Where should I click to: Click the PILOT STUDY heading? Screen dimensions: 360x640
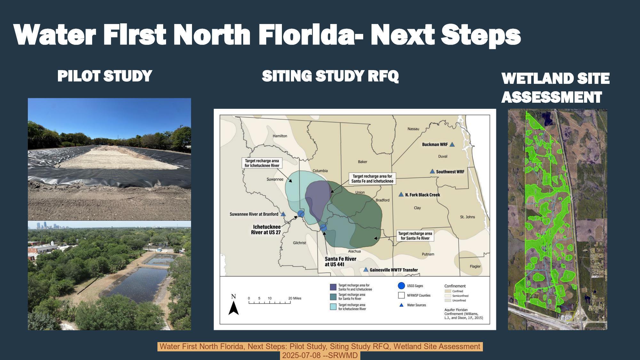105,76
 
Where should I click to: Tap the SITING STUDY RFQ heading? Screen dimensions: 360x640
330,76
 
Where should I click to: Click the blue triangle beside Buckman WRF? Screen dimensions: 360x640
452,145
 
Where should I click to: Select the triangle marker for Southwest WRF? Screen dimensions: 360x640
432,172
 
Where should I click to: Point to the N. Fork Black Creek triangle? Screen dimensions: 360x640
401,195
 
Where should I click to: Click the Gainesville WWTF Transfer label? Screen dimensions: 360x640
394,270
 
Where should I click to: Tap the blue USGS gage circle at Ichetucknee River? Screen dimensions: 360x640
301,214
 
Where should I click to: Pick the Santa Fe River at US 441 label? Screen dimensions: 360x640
340,261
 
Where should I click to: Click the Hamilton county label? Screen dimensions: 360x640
280,136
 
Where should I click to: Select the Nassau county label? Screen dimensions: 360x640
413,129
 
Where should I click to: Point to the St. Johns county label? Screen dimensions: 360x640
467,217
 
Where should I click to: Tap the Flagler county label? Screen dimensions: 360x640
475,266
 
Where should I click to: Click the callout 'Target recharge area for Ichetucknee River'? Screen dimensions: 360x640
262,163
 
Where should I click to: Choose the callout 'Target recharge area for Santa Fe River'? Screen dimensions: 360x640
415,236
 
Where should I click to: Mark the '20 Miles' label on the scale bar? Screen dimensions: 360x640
294,298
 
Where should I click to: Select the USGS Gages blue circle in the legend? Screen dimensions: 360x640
401,286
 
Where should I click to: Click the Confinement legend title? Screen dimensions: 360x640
455,286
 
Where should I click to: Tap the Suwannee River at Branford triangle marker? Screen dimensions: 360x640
283,214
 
